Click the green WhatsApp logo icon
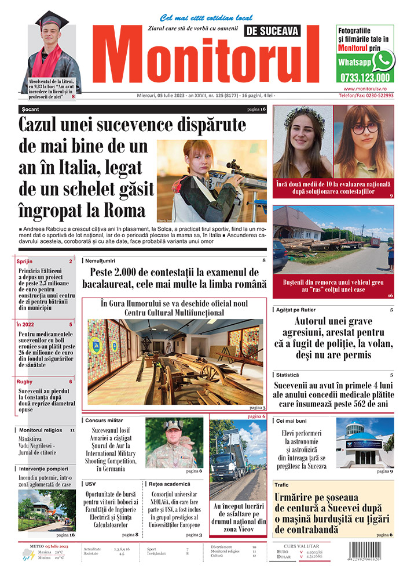[383, 60]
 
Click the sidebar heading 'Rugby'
[25, 382]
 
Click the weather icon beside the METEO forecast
[27, 556]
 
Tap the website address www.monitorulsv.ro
[365, 88]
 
